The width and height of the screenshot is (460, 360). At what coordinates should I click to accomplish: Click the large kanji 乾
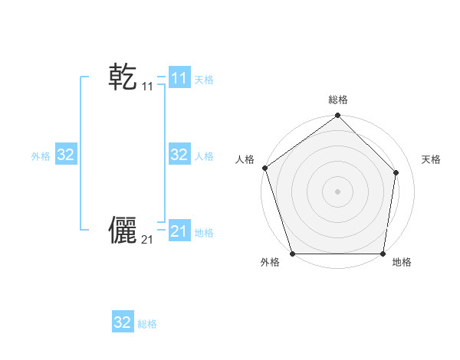[x=123, y=77]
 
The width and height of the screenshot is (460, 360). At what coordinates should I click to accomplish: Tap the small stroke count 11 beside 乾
[x=147, y=87]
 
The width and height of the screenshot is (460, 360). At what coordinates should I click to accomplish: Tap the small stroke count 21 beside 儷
[x=147, y=241]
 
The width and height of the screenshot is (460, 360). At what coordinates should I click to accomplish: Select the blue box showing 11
[x=179, y=78]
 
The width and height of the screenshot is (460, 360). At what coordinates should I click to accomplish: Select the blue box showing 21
[x=179, y=231]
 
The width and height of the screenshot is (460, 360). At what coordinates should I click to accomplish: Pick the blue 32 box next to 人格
[x=179, y=155]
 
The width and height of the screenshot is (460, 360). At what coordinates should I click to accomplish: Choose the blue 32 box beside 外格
[x=66, y=155]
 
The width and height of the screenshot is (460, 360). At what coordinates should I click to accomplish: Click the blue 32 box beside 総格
[x=123, y=322]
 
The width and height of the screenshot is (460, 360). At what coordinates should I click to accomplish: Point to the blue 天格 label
[x=204, y=80]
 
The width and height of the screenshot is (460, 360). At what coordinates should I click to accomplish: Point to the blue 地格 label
[x=204, y=233]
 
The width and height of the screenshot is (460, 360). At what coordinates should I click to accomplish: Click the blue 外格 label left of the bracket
[x=41, y=156]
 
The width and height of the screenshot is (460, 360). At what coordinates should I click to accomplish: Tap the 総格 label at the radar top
[x=338, y=100]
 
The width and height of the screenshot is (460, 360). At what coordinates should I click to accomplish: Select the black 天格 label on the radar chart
[x=431, y=159]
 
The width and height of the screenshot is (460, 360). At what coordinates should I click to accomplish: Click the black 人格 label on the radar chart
[x=245, y=159]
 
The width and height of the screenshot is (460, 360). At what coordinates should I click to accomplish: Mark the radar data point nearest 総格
[x=338, y=116]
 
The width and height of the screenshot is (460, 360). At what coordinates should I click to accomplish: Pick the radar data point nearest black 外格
[x=293, y=254]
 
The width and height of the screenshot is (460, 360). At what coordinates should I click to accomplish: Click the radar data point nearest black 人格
[x=265, y=168]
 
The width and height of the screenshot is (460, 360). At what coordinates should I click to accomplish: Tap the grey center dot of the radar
[x=338, y=191]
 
